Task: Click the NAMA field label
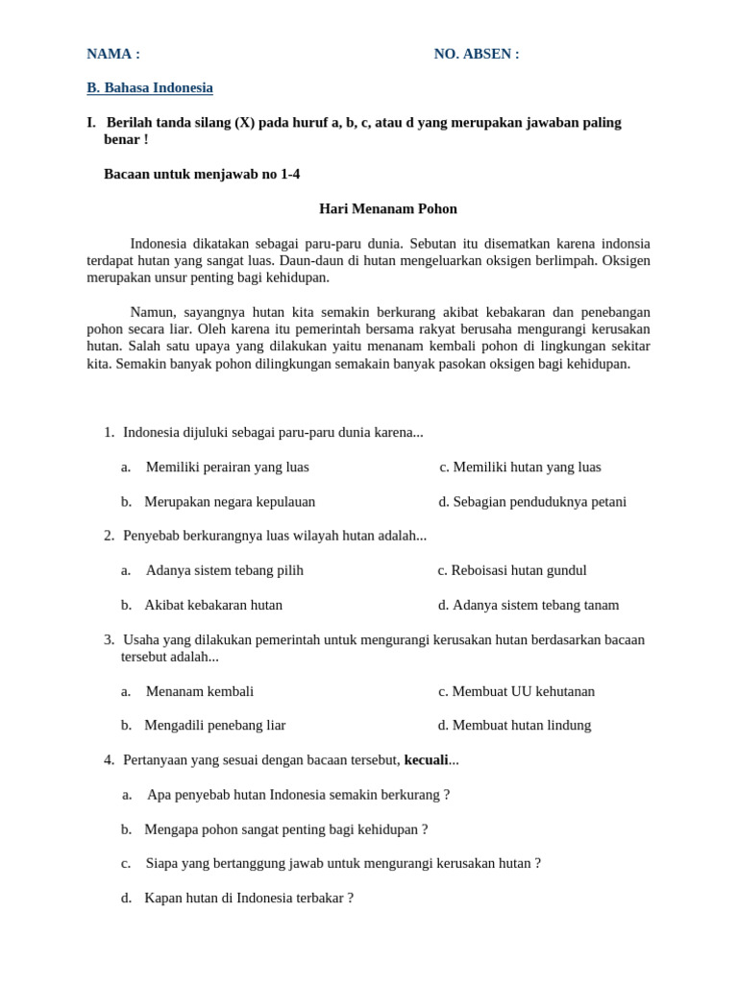[x=112, y=54]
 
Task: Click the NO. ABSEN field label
[x=476, y=54]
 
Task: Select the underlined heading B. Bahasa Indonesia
[x=150, y=88]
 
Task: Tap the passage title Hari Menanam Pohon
[x=387, y=208]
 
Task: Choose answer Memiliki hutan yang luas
[x=526, y=468]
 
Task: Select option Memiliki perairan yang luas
[x=227, y=468]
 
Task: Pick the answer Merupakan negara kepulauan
[x=230, y=502]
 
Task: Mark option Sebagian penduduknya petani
[x=538, y=502]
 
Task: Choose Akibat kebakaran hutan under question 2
[x=213, y=606]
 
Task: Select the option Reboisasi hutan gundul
[x=518, y=570]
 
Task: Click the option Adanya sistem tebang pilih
[x=224, y=570]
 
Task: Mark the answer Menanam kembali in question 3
[x=200, y=691]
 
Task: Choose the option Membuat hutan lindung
[x=521, y=726]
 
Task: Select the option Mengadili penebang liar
[x=215, y=726]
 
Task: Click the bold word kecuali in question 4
[x=426, y=760]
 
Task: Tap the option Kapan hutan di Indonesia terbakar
[x=249, y=899]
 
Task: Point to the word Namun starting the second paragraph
[x=151, y=312]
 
